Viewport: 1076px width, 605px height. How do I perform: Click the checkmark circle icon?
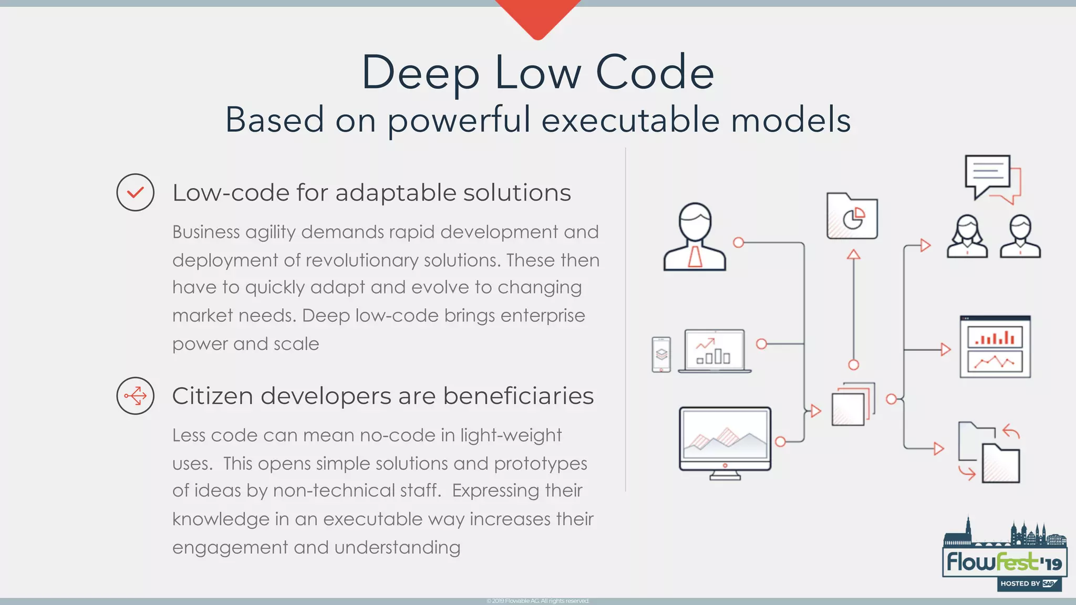tap(135, 193)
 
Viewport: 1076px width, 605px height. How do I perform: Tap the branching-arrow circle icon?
tap(135, 395)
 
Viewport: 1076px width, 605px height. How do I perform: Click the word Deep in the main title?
tap(420, 72)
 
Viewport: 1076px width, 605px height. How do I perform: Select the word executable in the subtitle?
tap(630, 120)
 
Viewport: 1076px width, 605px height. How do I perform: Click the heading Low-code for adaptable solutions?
tap(371, 193)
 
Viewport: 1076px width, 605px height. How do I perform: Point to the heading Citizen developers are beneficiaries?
tap(382, 396)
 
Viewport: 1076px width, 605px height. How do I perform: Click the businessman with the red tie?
tap(695, 237)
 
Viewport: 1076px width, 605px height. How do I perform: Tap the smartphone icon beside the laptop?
tap(661, 354)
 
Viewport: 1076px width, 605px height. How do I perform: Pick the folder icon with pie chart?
tap(852, 216)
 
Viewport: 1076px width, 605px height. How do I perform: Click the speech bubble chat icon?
tap(991, 178)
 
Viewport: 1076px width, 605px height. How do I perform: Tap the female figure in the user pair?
tap(967, 236)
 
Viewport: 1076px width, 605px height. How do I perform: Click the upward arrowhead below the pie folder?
tap(854, 255)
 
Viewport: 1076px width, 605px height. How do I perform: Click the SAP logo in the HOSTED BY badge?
tap(1049, 583)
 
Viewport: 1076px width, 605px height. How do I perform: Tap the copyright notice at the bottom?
tap(538, 601)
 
